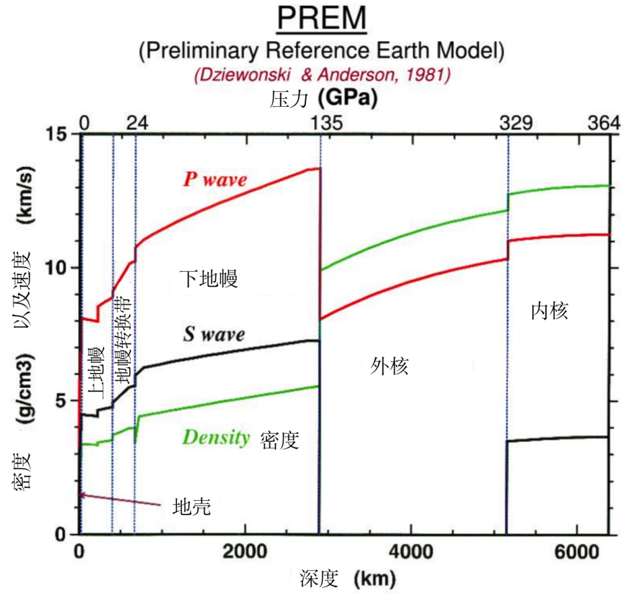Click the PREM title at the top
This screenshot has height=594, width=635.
pos(322,20)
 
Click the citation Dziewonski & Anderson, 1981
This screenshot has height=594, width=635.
pos(322,74)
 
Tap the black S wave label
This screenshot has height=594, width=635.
pos(213,334)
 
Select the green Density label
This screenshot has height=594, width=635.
pos(216,437)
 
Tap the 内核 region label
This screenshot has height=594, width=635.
pos(550,310)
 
